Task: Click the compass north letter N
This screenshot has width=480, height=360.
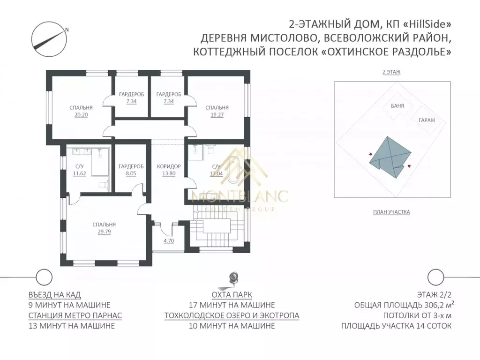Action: (67, 30)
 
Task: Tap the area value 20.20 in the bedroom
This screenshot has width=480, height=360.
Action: (81, 114)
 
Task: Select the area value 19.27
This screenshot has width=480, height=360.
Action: (217, 114)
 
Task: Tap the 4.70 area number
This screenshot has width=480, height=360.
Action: (168, 241)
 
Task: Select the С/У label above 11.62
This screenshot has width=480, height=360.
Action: (80, 166)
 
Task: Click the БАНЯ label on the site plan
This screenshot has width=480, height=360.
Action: (397, 106)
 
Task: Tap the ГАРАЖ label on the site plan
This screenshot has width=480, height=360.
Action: (424, 120)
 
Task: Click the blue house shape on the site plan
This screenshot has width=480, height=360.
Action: (390, 156)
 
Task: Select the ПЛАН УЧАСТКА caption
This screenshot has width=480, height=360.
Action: (391, 212)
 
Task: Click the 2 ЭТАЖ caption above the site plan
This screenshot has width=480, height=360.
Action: (391, 72)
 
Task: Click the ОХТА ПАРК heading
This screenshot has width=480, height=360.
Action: (232, 294)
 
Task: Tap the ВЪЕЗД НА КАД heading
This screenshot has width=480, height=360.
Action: (54, 294)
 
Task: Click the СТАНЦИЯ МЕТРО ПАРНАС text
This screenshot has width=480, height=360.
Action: (75, 315)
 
